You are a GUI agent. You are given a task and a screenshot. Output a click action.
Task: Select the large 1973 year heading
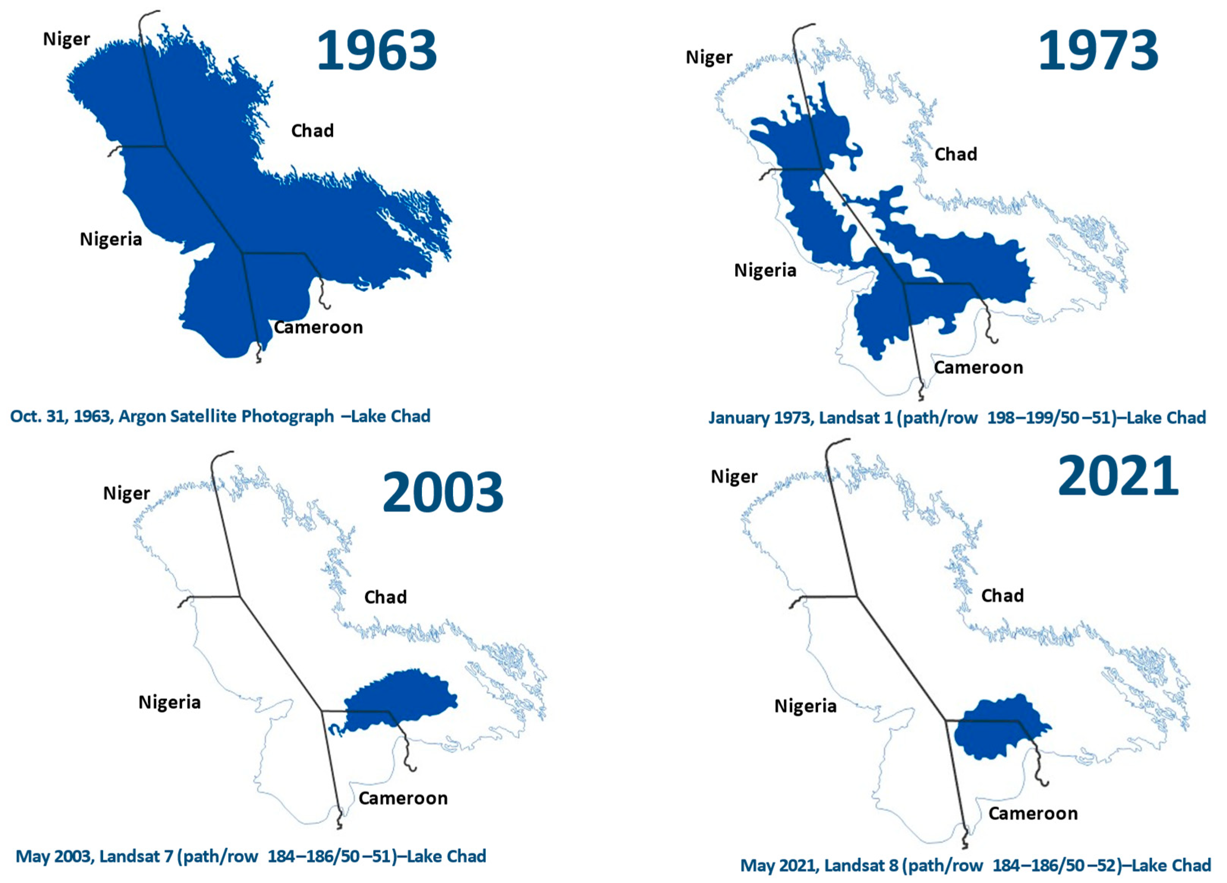pyautogui.click(x=1098, y=51)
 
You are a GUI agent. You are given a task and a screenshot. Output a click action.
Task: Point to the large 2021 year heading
pyautogui.click(x=1118, y=476)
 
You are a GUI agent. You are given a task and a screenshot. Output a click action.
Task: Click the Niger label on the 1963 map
pyautogui.click(x=66, y=39)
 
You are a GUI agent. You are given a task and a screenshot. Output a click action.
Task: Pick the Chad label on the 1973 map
pyautogui.click(x=956, y=154)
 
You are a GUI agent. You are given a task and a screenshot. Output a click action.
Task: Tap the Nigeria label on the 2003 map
pyautogui.click(x=169, y=702)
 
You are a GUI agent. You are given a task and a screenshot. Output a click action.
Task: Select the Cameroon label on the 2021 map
pyautogui.click(x=1033, y=813)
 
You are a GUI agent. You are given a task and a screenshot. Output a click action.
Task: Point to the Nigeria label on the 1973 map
pyautogui.click(x=765, y=270)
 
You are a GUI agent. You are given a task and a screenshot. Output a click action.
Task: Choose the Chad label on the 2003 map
pyautogui.click(x=385, y=597)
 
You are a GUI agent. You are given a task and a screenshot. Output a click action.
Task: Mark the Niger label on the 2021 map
pyautogui.click(x=734, y=477)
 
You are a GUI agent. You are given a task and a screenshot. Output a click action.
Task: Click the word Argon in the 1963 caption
pyautogui.click(x=142, y=416)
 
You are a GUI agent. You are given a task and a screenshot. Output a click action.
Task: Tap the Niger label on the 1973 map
pyautogui.click(x=709, y=57)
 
